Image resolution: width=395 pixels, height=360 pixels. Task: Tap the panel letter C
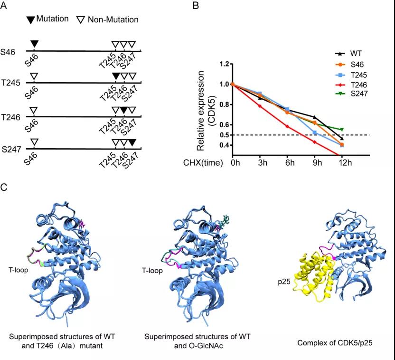click(x=4, y=187)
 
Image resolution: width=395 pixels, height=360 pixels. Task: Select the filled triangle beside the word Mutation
click(x=31, y=20)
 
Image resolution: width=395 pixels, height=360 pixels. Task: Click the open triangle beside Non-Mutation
click(x=81, y=20)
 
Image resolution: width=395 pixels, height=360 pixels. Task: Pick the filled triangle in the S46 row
click(x=34, y=44)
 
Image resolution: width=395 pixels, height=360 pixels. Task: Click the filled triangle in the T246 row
click(x=123, y=110)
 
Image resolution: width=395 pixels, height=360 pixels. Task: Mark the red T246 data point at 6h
click(x=287, y=126)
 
